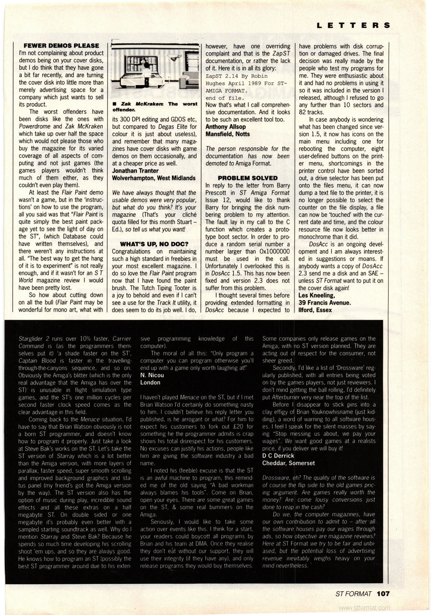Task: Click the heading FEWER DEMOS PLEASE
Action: coord(61,46)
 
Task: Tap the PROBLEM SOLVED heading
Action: coord(247,178)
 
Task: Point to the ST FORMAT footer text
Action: coord(353,593)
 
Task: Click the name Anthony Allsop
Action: coord(225,127)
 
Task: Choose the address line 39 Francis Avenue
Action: coord(324,303)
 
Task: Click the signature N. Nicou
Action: coord(152,375)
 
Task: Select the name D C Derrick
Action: coord(278,456)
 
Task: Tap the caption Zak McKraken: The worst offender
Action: coord(154,107)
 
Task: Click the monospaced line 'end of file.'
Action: coord(225,98)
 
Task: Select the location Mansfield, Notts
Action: coord(227,134)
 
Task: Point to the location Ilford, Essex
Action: coord(315,310)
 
